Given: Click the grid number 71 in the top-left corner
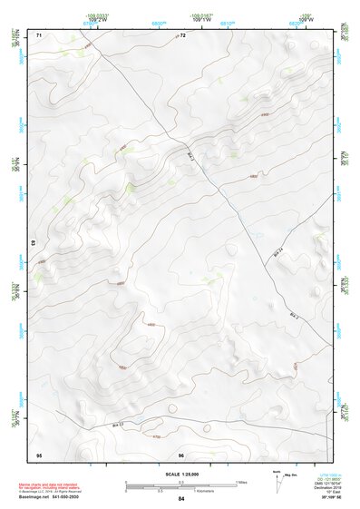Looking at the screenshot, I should [39, 34].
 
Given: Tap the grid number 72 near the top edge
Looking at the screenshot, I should [182, 34].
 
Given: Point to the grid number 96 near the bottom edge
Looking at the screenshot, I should [181, 455].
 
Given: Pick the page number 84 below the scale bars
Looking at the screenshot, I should [181, 499].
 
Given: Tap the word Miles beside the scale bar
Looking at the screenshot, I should [241, 482].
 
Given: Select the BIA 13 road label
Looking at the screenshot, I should [116, 423].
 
